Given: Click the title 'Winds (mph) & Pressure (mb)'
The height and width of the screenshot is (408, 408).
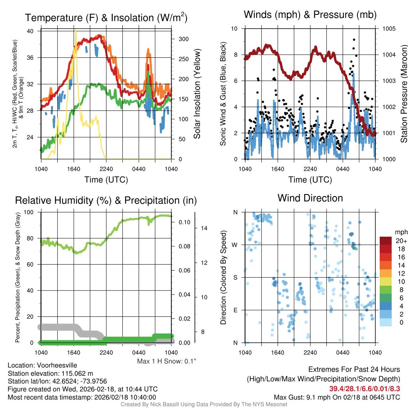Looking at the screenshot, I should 310,15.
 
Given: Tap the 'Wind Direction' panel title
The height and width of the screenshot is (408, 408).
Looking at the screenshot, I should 310,198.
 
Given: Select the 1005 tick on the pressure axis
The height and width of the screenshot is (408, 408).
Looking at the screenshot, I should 388,29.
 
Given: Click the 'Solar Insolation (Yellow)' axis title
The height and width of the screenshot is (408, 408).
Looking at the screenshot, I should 197,94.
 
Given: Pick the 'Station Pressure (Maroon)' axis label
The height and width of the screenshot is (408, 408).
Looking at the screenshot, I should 403,94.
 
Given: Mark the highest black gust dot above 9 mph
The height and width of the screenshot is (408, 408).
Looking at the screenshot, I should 354,40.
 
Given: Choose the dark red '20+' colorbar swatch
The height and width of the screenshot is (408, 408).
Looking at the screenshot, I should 386,240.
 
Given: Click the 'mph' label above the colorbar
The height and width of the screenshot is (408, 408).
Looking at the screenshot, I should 400,232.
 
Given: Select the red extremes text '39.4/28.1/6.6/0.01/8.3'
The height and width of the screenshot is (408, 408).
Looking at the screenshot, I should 365,388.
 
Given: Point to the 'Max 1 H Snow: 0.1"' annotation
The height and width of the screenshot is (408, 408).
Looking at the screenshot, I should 167,361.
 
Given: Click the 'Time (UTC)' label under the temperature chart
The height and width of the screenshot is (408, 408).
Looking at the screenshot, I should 106,180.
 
